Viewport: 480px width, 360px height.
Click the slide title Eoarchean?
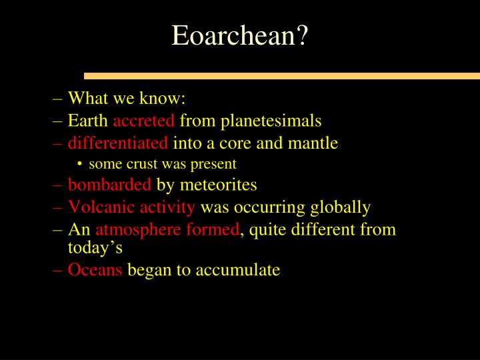[240, 35]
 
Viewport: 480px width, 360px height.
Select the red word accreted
[144, 121]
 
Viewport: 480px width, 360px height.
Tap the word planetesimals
[271, 121]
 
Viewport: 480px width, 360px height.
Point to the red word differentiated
[118, 143]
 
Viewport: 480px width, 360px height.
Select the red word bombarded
[110, 185]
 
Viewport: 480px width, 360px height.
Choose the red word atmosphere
[133, 230]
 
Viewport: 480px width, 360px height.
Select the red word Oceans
[95, 269]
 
